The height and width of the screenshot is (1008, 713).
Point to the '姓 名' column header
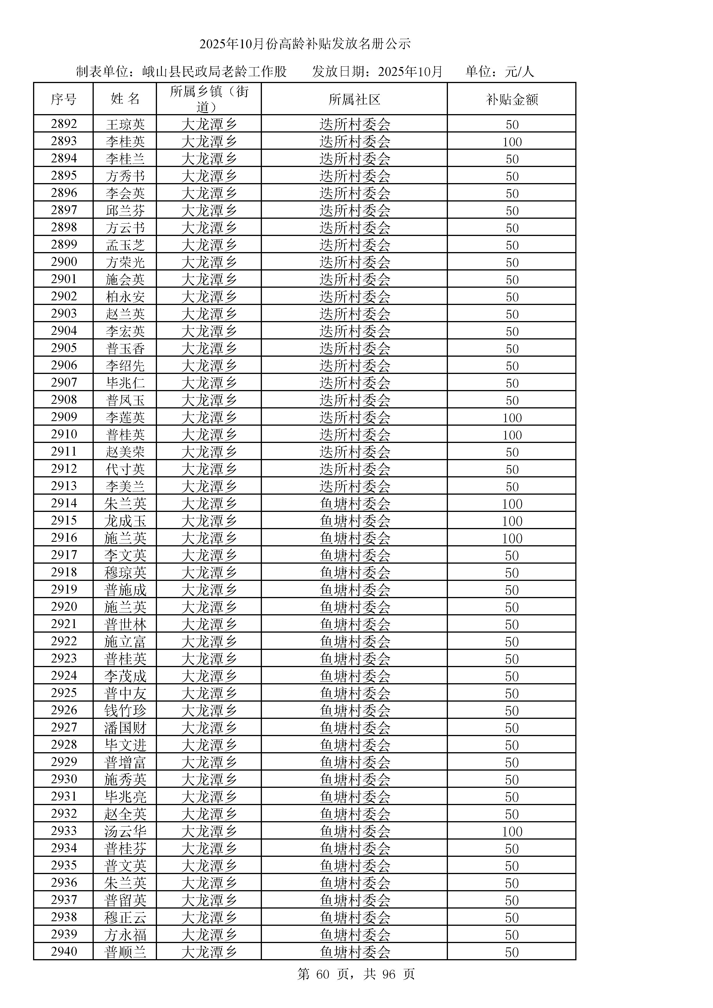pos(125,99)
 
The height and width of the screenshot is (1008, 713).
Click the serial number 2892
pos(64,124)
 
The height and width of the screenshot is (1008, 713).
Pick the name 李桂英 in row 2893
pos(125,142)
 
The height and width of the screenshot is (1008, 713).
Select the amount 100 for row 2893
pos(512,142)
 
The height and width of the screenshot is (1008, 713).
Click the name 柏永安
pos(125,297)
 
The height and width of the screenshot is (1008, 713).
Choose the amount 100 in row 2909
pos(512,418)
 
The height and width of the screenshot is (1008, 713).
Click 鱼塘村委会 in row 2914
pos(355,504)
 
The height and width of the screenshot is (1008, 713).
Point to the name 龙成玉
pos(125,521)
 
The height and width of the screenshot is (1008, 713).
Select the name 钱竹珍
pos(125,710)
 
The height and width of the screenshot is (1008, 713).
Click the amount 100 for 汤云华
pos(512,831)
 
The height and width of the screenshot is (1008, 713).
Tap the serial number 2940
pos(64,951)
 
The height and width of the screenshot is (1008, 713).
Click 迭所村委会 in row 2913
pos(355,486)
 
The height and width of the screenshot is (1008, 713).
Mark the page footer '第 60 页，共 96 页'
pos(356,974)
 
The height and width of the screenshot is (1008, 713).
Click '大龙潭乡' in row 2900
pos(209,262)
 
